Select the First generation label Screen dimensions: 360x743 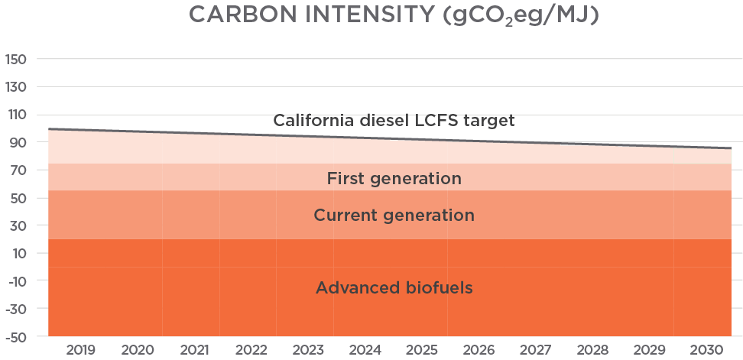tap(394, 179)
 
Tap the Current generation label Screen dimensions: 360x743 tap(394, 216)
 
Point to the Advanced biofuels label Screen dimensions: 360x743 tap(394, 288)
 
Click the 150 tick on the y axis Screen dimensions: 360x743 tap(16, 60)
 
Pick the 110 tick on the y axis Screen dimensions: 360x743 tap(16, 115)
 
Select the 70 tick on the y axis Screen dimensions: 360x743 tap(18, 170)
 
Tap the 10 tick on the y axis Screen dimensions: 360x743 tap(18, 254)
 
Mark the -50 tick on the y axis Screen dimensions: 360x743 tap(16, 337)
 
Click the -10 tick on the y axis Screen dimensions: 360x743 tap(16, 281)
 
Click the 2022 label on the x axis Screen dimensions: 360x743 tap(251, 350)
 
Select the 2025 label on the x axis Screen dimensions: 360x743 tap(422, 350)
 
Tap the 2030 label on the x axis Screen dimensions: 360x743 tap(707, 350)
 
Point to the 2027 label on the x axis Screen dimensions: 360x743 tap(536, 350)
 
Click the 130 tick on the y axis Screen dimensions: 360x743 tap(16, 87)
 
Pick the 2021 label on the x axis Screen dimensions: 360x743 tap(194, 350)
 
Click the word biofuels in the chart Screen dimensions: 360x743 tap(438, 288)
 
